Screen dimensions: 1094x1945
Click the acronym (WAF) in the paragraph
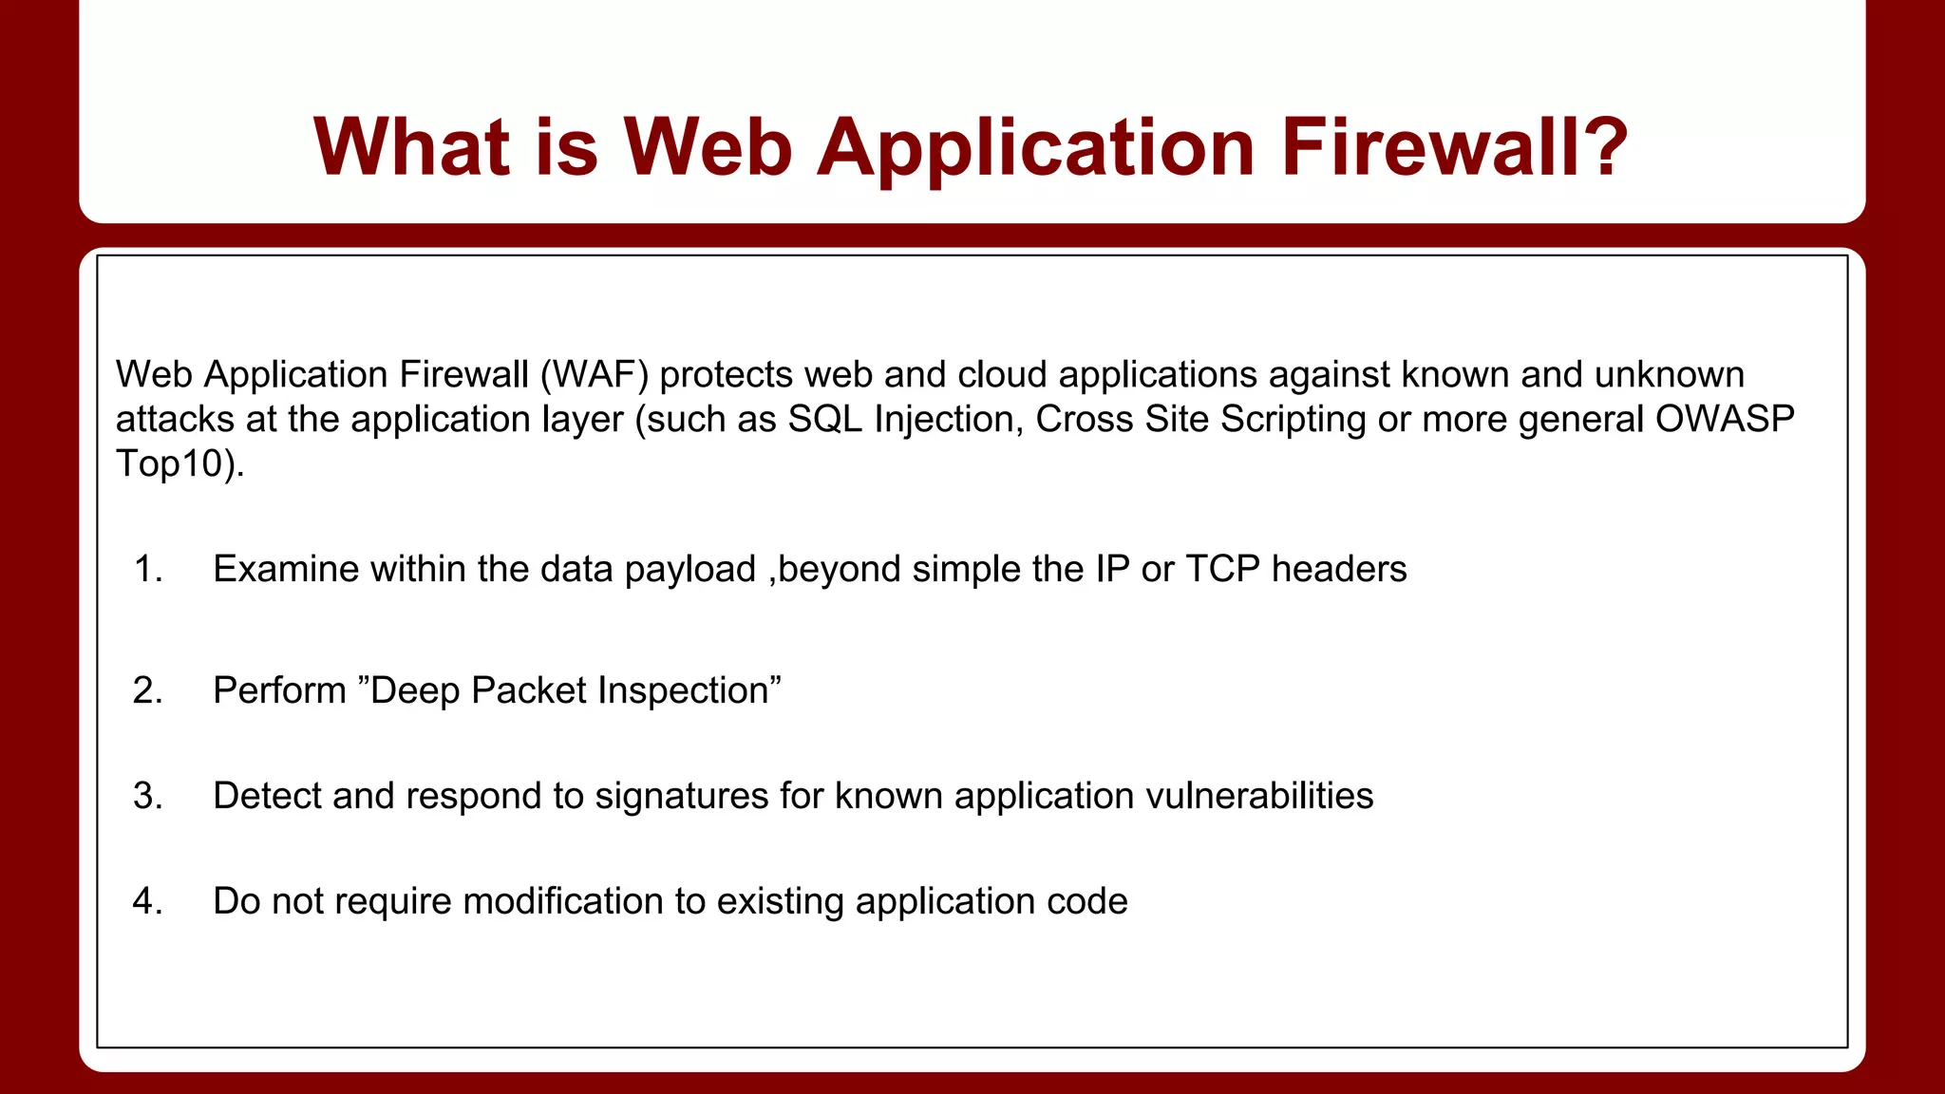(595, 374)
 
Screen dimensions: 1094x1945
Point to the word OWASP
(1725, 419)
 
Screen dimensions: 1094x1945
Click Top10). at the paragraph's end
(179, 463)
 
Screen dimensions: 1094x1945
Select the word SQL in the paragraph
(824, 419)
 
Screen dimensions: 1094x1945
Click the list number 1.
(147, 569)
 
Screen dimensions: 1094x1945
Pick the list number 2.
(147, 690)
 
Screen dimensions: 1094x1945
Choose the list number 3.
(147, 796)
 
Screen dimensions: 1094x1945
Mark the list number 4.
(147, 901)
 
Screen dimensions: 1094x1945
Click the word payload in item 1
(689, 569)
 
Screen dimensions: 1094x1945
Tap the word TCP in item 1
(1222, 569)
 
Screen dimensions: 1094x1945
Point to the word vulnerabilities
(1259, 796)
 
